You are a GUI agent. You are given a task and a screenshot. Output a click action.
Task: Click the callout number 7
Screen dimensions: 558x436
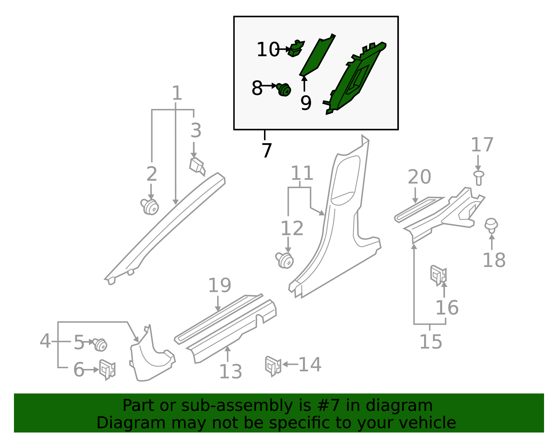267,150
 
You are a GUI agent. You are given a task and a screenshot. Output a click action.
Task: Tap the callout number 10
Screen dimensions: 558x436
268,49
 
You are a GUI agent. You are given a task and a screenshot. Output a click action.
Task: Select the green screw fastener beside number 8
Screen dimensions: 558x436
284,90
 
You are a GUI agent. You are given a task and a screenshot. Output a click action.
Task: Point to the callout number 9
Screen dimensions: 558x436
306,103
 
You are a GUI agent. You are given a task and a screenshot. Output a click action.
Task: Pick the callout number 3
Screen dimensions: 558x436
196,130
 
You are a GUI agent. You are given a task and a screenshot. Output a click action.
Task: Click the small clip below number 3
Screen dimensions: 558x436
197,167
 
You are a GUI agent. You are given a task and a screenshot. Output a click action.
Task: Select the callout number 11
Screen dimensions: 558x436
302,173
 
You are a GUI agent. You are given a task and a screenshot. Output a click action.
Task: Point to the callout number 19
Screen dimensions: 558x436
220,286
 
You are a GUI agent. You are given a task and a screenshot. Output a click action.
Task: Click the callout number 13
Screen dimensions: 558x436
231,372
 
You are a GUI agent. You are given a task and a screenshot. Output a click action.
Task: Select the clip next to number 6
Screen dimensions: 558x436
107,370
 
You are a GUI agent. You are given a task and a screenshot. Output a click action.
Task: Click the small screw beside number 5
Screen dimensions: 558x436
100,345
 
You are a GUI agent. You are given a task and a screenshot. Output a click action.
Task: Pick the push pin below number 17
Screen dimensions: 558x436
478,178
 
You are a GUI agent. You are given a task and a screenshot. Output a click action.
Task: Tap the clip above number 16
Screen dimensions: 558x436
439,275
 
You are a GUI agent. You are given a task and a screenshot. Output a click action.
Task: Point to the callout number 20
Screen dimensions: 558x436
419,177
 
